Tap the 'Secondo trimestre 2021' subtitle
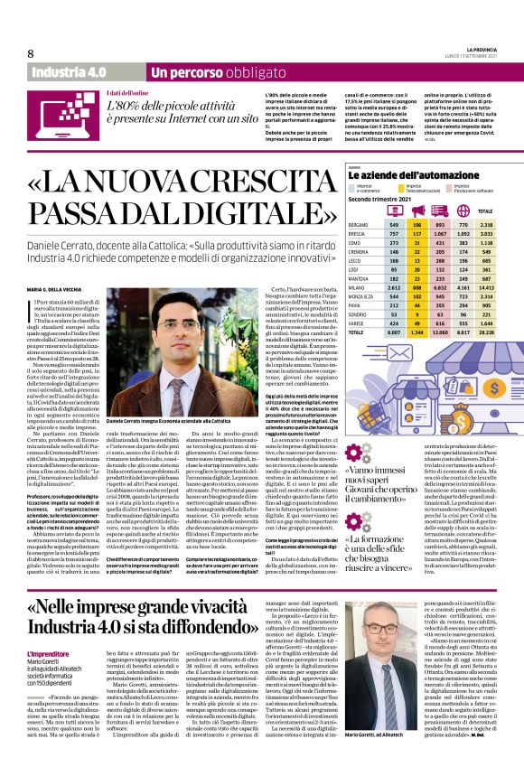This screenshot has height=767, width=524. [x=383, y=197]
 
